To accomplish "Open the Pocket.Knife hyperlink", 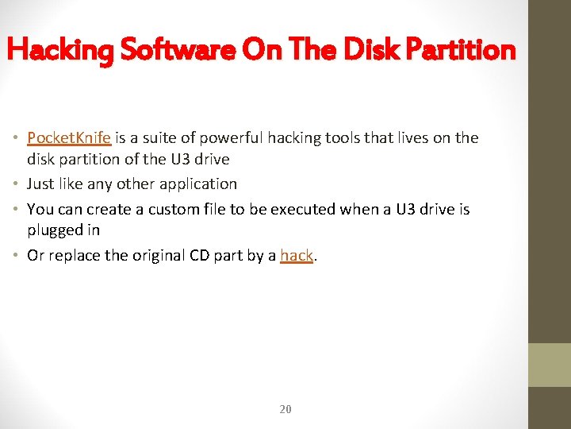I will click(69, 137).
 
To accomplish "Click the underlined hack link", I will click(297, 255).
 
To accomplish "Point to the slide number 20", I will click(285, 409).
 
